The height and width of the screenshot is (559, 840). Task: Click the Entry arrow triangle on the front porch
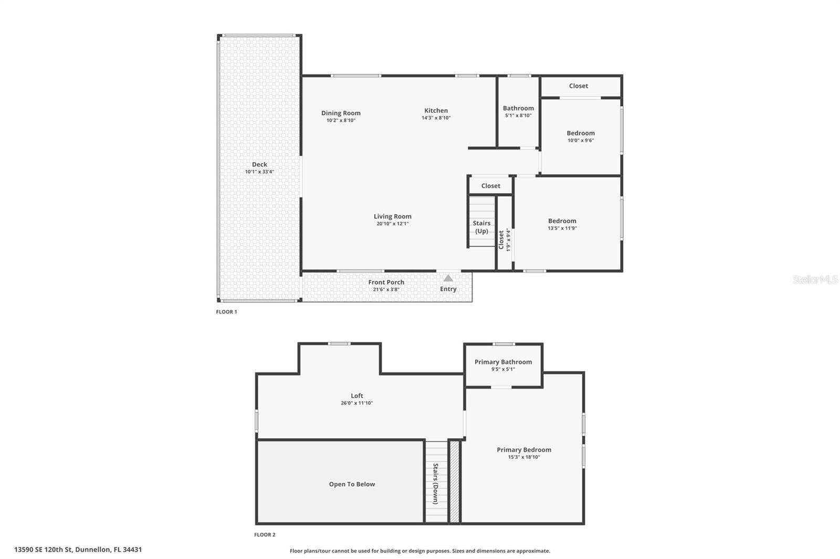click(x=448, y=278)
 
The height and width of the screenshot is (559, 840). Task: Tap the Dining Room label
click(x=341, y=113)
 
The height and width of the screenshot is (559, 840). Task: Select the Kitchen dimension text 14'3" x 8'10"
click(x=436, y=118)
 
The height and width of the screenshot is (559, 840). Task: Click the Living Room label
click(x=392, y=216)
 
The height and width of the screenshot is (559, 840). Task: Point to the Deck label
click(x=259, y=164)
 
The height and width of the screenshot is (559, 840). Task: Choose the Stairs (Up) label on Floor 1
click(x=481, y=227)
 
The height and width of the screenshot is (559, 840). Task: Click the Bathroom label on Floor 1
click(x=518, y=108)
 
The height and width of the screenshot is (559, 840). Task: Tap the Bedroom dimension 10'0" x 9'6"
click(x=581, y=141)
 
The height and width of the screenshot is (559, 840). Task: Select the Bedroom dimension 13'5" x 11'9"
click(x=562, y=229)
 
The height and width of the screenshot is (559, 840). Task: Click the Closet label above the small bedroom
click(x=578, y=86)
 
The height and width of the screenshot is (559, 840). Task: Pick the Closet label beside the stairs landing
click(x=490, y=186)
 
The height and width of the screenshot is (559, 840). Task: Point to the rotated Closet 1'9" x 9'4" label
click(x=504, y=240)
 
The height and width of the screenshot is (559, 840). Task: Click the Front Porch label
click(x=386, y=282)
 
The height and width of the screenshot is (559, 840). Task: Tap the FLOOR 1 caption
click(x=226, y=312)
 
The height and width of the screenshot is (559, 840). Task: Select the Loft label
click(x=356, y=396)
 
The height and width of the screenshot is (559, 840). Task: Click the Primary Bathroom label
click(x=503, y=362)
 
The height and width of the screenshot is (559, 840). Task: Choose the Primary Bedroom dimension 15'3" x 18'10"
click(x=524, y=457)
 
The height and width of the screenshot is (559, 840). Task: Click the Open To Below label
click(x=352, y=484)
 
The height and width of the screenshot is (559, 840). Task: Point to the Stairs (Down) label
click(x=435, y=483)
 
